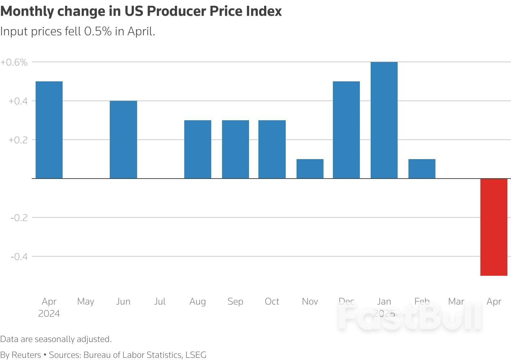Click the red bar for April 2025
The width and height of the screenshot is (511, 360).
494,227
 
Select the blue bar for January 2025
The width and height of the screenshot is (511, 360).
384,120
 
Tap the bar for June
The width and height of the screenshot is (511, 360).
123,140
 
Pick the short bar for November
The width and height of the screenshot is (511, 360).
310,169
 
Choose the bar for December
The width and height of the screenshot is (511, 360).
346,130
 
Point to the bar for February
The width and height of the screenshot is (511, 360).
422,169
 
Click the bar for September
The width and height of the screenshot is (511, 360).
235,149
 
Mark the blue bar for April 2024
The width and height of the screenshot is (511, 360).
49,130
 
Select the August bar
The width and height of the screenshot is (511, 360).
198,149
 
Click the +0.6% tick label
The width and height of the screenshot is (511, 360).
14,62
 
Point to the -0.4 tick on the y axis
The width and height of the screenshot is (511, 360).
19,257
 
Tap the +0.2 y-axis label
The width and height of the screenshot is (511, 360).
18,140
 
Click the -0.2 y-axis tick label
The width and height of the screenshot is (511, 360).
19,218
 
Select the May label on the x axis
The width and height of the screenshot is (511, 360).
86,301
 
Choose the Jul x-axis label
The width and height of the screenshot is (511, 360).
160,301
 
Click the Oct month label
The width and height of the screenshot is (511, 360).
272,301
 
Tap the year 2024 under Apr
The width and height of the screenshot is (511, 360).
49,314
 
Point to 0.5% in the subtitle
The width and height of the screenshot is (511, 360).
98,31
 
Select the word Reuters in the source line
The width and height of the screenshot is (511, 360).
26,355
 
